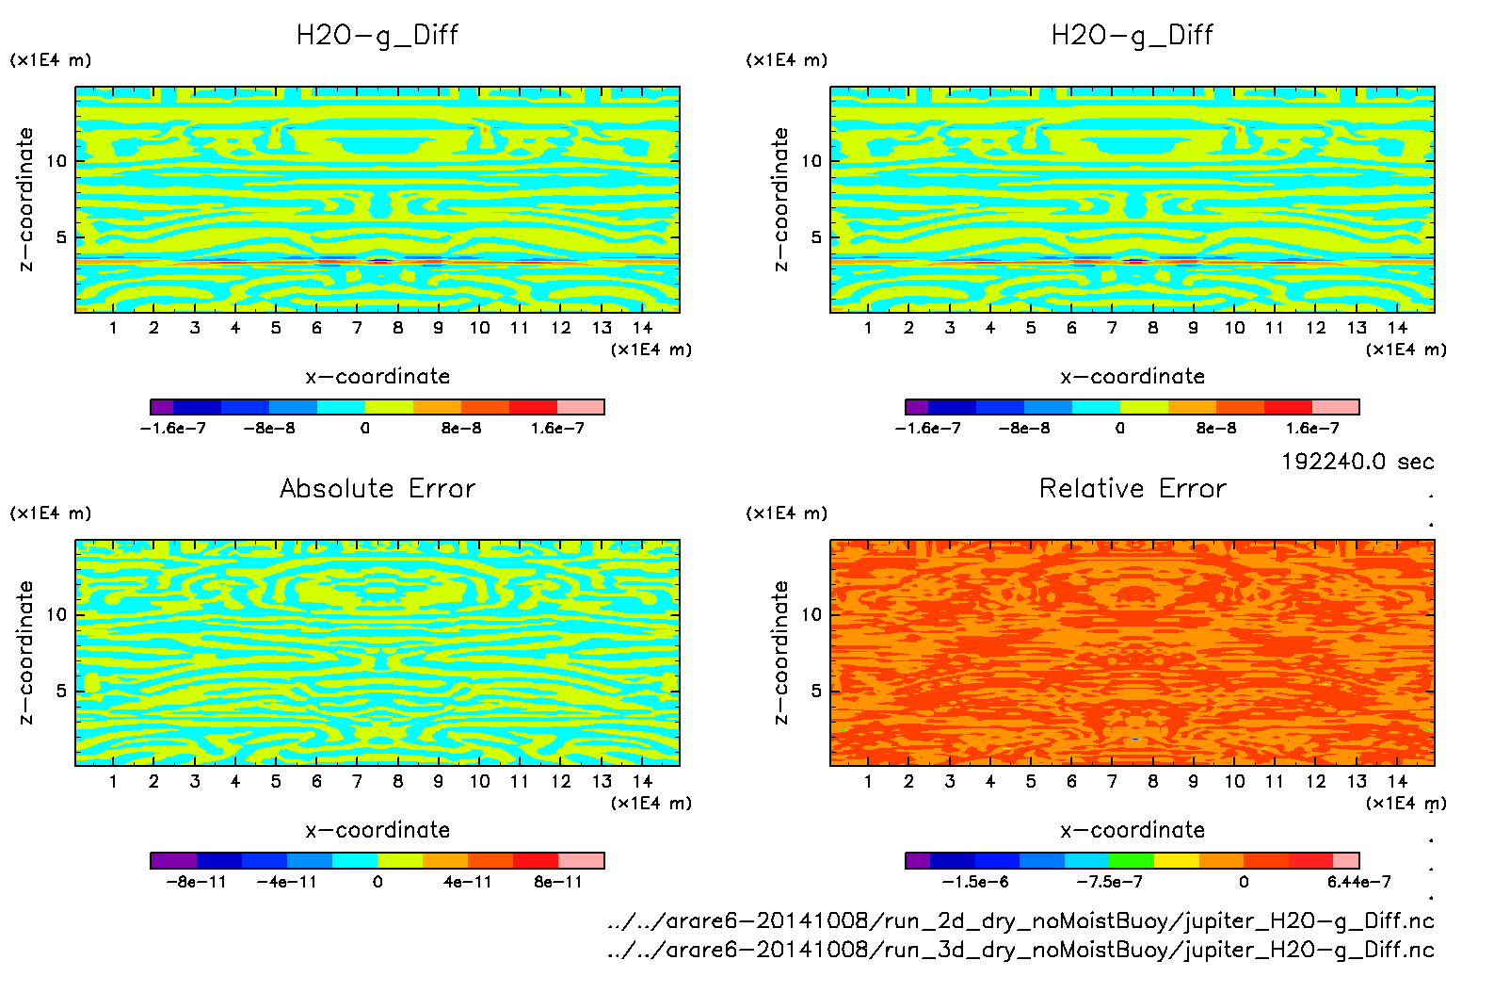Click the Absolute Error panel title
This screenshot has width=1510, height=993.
377,489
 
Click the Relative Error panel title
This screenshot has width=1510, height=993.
1132,489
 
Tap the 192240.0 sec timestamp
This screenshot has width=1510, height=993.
1357,462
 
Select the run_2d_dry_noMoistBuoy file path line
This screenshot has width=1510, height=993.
1020,921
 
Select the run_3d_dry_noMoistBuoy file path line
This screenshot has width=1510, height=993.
1020,950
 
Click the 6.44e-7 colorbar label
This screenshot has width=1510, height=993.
1358,882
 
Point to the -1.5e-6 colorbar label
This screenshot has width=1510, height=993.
975,882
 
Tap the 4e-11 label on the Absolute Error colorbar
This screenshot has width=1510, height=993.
468,882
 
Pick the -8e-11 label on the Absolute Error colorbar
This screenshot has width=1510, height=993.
196,882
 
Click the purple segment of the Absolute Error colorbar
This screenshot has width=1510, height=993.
173,860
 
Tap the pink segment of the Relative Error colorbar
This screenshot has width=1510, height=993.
1346,860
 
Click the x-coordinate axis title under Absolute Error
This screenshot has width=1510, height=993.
377,830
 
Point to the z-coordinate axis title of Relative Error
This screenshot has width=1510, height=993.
780,652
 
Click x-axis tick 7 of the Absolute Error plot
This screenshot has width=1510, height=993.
357,781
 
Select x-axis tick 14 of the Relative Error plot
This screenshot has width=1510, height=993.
1397,781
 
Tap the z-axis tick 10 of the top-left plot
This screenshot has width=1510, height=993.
56,161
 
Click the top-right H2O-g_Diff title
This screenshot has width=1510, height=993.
1132,36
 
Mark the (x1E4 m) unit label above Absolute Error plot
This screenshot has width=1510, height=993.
51,513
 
